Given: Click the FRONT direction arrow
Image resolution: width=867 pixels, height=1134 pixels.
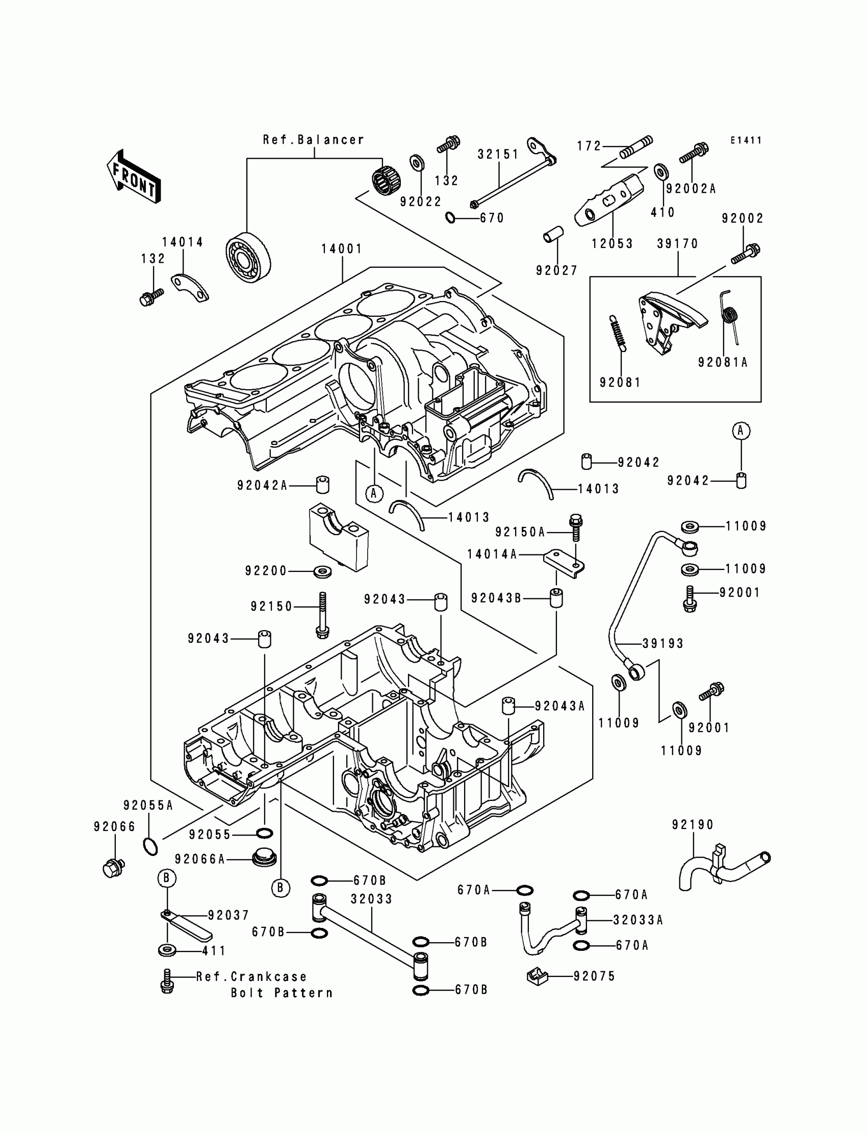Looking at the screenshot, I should (x=133, y=177).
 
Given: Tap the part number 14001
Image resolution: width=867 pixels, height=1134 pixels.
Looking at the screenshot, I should (x=342, y=249).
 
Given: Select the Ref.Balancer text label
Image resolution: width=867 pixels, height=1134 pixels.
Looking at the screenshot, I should (x=313, y=140).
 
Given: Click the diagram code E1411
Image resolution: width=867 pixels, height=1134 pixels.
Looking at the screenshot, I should (x=746, y=140).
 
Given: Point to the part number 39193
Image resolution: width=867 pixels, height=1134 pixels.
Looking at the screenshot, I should (x=662, y=643).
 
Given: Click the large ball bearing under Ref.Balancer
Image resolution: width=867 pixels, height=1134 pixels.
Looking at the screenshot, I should (x=248, y=258).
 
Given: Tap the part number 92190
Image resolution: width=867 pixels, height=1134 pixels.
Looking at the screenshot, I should (x=693, y=825).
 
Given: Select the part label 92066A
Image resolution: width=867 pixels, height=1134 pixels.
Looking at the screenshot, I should (x=200, y=859).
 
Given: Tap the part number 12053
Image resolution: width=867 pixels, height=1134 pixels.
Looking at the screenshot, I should (x=612, y=243).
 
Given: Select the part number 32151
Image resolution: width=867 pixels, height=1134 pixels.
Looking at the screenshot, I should (x=498, y=155).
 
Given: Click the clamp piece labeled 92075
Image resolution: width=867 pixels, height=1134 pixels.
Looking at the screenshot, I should (x=537, y=976).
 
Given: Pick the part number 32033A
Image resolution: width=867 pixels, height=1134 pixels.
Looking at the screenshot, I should (x=639, y=920).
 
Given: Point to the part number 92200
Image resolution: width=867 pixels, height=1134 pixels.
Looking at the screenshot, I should (x=266, y=571).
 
